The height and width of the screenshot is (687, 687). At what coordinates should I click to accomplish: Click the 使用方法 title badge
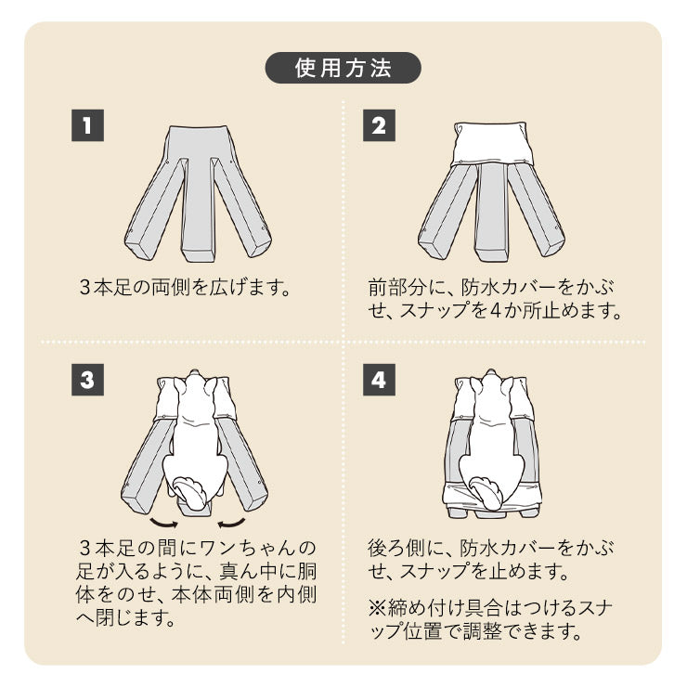point(343,68)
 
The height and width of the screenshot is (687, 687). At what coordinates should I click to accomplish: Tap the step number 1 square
point(87,125)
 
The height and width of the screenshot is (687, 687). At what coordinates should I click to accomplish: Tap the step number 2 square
point(379,125)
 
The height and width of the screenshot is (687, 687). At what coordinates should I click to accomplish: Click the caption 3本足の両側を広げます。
point(186,287)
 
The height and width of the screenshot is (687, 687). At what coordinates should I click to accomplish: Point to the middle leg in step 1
point(197,209)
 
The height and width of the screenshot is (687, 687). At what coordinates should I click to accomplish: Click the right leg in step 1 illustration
point(243,209)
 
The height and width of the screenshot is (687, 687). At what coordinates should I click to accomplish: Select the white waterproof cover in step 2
point(491,144)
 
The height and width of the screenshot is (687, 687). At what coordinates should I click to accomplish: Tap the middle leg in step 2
point(490,212)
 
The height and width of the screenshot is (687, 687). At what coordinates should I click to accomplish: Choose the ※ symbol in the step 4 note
point(377,609)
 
